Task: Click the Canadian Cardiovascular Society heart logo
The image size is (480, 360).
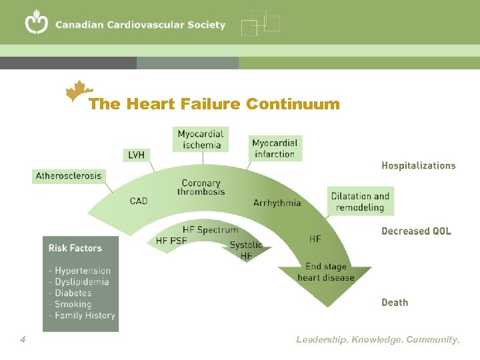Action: pos(37,23)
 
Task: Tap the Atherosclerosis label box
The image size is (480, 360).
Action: pos(69,176)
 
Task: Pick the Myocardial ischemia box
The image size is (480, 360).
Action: pos(200,139)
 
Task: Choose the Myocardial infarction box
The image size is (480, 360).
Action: pos(275,148)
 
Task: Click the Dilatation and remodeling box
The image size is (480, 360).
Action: pos(360,201)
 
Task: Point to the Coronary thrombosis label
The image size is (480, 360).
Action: pos(201,187)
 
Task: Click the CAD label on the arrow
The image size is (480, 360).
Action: pos(139,201)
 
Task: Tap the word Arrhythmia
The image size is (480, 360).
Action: pos(277,203)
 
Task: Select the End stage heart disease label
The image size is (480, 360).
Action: pos(326,272)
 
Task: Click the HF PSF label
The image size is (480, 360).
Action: pos(171,241)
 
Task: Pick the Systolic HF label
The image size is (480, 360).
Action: pos(246,250)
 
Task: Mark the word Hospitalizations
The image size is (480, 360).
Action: pos(418,165)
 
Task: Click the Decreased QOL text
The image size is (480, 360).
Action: pos(416,231)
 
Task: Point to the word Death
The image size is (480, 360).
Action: pos(395,303)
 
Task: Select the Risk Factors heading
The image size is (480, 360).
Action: pos(75,248)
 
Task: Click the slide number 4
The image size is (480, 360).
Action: pos(23,340)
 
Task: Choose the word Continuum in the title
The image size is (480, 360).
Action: pos(293,104)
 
